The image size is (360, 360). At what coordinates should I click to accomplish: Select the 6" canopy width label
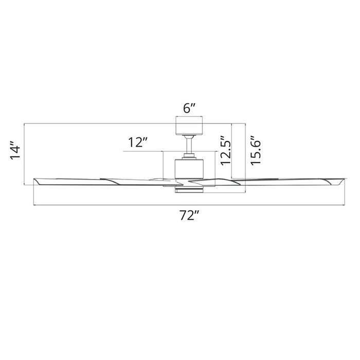tap(190, 109)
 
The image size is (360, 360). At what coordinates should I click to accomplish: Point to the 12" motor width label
tap(138, 142)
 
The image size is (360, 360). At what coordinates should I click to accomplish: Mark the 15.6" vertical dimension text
tap(256, 150)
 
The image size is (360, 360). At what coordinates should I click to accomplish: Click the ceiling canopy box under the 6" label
tap(190, 126)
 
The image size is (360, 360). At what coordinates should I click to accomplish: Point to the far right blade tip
tap(341, 182)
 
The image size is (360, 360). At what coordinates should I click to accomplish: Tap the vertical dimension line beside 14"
tap(25, 154)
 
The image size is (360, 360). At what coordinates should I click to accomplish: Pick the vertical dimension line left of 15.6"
tap(246, 159)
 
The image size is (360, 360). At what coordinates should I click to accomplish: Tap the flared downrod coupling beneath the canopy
tap(190, 137)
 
